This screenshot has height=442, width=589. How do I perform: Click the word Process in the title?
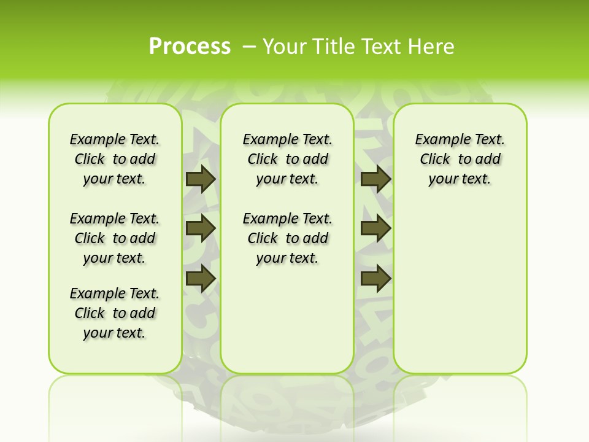pyautogui.click(x=190, y=47)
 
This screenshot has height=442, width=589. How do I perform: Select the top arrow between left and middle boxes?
pyautogui.click(x=201, y=179)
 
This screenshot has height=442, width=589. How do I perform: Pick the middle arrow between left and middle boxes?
pyautogui.click(x=201, y=228)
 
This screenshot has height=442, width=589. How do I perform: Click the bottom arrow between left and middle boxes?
pyautogui.click(x=201, y=279)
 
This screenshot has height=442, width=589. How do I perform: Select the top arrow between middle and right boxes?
pyautogui.click(x=375, y=179)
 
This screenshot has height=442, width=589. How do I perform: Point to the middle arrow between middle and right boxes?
pyautogui.click(x=375, y=228)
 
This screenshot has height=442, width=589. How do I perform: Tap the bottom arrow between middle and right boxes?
pyautogui.click(x=375, y=279)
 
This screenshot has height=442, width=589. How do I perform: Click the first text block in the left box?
pyautogui.click(x=115, y=159)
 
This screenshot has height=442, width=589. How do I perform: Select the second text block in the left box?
pyautogui.click(x=115, y=238)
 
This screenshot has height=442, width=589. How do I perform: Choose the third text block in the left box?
pyautogui.click(x=115, y=313)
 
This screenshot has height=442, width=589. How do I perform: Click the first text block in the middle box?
pyautogui.click(x=287, y=159)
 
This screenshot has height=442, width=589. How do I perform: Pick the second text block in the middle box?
pyautogui.click(x=287, y=238)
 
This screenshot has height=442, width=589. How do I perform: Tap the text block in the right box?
pyautogui.click(x=460, y=159)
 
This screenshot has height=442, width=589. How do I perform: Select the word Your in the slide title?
pyautogui.click(x=285, y=47)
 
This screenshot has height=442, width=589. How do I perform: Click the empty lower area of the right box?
pyautogui.click(x=460, y=289)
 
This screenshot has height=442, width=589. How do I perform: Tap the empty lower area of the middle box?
pyautogui.click(x=287, y=319)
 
